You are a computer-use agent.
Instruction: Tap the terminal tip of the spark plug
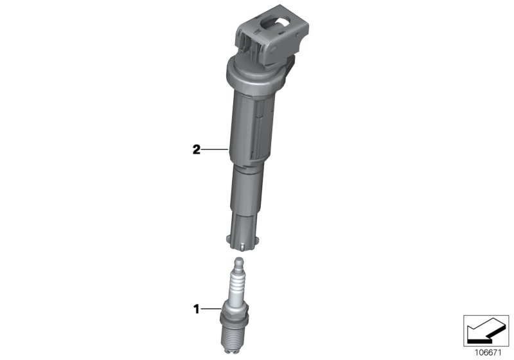pyautogui.click(x=237, y=262)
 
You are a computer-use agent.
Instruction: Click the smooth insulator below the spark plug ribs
pyautogui.click(x=235, y=300)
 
